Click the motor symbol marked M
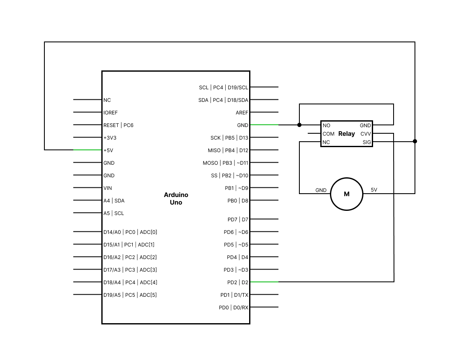346,194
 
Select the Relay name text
346,134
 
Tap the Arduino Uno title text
176,199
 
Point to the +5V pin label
108,150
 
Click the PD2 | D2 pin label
237,282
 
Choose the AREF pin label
242,113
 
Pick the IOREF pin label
111,113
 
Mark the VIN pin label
108,188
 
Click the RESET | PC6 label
118,125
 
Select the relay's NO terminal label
327,125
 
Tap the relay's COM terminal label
328,134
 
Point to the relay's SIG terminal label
367,143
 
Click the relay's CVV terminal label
366,134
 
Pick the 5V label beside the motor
374,190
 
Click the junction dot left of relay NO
299,125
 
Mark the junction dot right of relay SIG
415,141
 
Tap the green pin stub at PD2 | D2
264,282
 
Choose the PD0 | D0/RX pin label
233,308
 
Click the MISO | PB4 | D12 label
228,150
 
